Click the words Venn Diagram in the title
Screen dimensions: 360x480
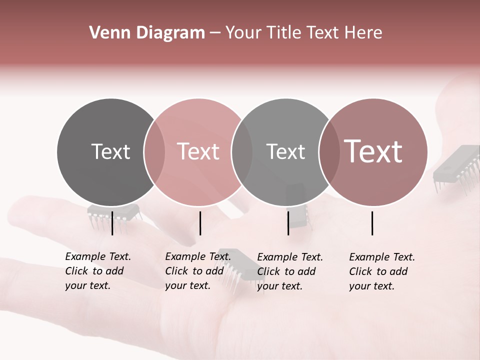(x=146, y=33)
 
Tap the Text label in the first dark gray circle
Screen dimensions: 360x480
(x=110, y=151)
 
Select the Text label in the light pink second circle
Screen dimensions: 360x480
(x=198, y=151)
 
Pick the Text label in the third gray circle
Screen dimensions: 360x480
(x=285, y=151)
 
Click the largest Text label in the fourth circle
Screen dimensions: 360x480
(x=373, y=151)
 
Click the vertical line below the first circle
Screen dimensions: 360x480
(x=112, y=223)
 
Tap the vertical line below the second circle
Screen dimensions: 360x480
(x=200, y=223)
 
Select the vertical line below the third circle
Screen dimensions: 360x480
(x=288, y=223)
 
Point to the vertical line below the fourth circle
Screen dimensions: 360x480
(x=372, y=223)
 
